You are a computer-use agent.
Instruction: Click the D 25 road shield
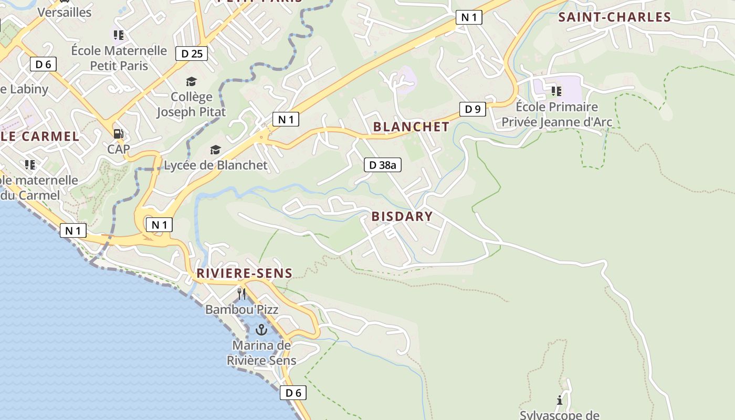(x=192, y=54)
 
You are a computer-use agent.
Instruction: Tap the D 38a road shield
(x=383, y=165)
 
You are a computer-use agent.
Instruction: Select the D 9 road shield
(x=472, y=110)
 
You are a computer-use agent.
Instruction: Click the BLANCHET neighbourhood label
(x=411, y=127)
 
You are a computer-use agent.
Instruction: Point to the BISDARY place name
(x=402, y=216)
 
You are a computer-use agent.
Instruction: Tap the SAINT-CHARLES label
(x=614, y=17)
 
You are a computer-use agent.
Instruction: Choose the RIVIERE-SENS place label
(x=244, y=274)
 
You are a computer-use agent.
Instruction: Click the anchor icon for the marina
(x=261, y=330)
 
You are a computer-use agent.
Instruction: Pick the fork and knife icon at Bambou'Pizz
(x=241, y=293)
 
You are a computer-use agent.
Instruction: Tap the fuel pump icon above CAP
(x=119, y=134)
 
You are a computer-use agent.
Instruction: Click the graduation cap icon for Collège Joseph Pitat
(x=191, y=81)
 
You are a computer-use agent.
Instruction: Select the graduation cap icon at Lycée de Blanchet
(x=215, y=151)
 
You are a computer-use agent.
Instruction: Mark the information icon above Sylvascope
(x=560, y=401)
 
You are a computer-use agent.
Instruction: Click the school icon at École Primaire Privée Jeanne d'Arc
(x=556, y=91)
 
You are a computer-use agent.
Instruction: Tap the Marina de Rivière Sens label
(x=261, y=353)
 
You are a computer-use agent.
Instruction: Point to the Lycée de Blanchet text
(x=216, y=165)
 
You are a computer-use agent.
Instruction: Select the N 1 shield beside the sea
(x=73, y=230)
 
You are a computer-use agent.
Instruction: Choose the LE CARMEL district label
(x=40, y=136)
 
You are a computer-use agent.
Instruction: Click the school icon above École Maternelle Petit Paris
(x=119, y=35)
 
